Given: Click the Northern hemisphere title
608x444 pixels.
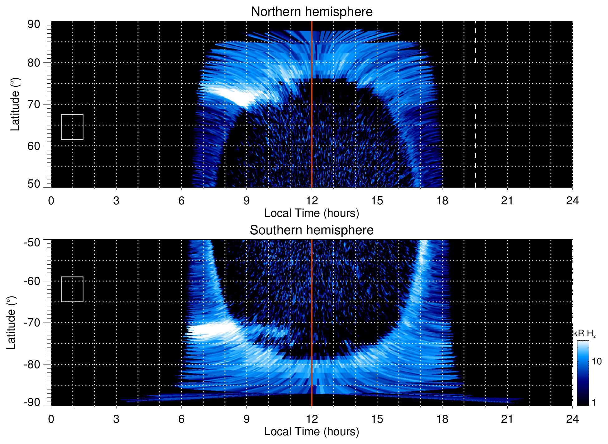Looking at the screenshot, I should (311, 12).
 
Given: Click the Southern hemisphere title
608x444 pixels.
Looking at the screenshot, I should (311, 230).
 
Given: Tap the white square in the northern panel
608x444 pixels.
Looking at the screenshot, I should (72, 127).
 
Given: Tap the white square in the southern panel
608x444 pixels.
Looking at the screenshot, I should (72, 289).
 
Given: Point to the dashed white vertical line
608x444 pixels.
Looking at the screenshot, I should (475, 125).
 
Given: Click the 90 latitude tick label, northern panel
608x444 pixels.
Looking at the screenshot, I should (34, 24).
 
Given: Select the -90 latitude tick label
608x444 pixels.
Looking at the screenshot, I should (32, 403).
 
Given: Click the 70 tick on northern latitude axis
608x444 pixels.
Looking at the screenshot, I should (34, 104).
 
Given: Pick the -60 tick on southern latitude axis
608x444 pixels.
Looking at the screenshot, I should (32, 281).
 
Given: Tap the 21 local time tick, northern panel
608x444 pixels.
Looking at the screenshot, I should (507, 201).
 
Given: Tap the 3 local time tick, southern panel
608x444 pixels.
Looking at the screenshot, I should (116, 419).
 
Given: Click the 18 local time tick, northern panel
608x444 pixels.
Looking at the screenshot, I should (442, 201).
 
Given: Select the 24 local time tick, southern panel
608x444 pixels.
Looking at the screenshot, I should (572, 419).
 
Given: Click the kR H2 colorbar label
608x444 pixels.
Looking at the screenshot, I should (584, 334).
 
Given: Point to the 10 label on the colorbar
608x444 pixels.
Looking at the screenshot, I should (596, 362).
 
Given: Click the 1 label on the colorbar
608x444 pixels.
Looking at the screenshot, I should (594, 403).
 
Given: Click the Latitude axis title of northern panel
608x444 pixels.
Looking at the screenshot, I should (15, 104).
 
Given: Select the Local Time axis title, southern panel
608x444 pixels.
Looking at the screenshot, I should (311, 432).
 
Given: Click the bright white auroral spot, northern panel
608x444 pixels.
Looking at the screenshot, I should (234, 95).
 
